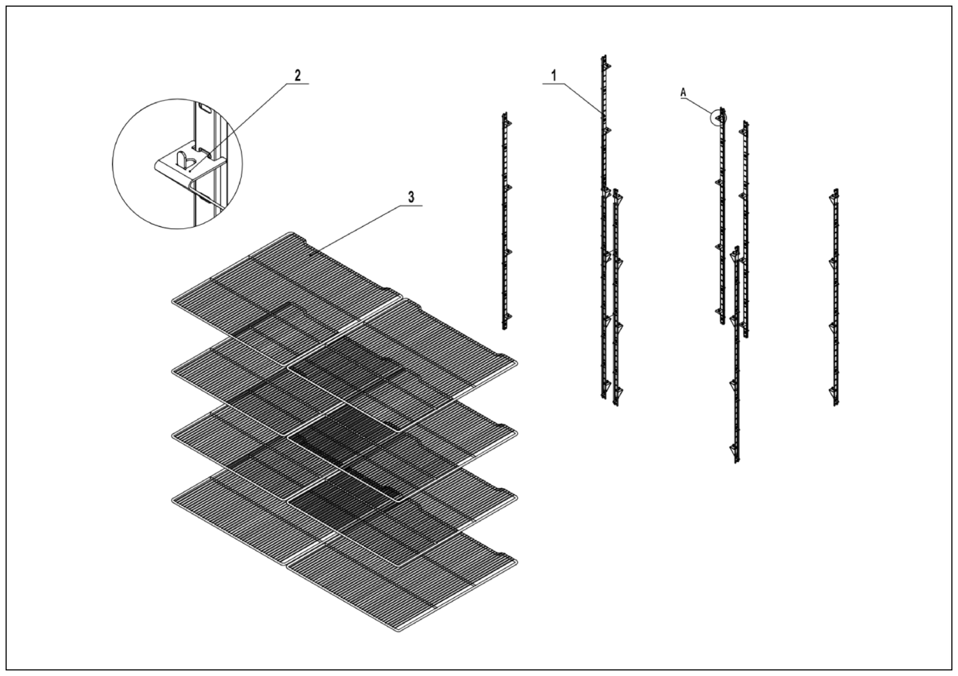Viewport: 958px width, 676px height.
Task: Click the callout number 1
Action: coord(554,76)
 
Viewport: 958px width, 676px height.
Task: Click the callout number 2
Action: coord(297,75)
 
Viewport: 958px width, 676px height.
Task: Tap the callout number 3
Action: coord(411,197)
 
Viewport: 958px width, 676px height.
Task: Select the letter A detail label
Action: coord(683,93)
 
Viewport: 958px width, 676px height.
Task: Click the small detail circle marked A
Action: coord(718,118)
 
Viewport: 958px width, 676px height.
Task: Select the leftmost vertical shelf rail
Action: coord(505,221)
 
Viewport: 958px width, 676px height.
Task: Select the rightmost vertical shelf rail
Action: coord(835,296)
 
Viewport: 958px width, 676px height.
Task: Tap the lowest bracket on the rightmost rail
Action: coord(833,391)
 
